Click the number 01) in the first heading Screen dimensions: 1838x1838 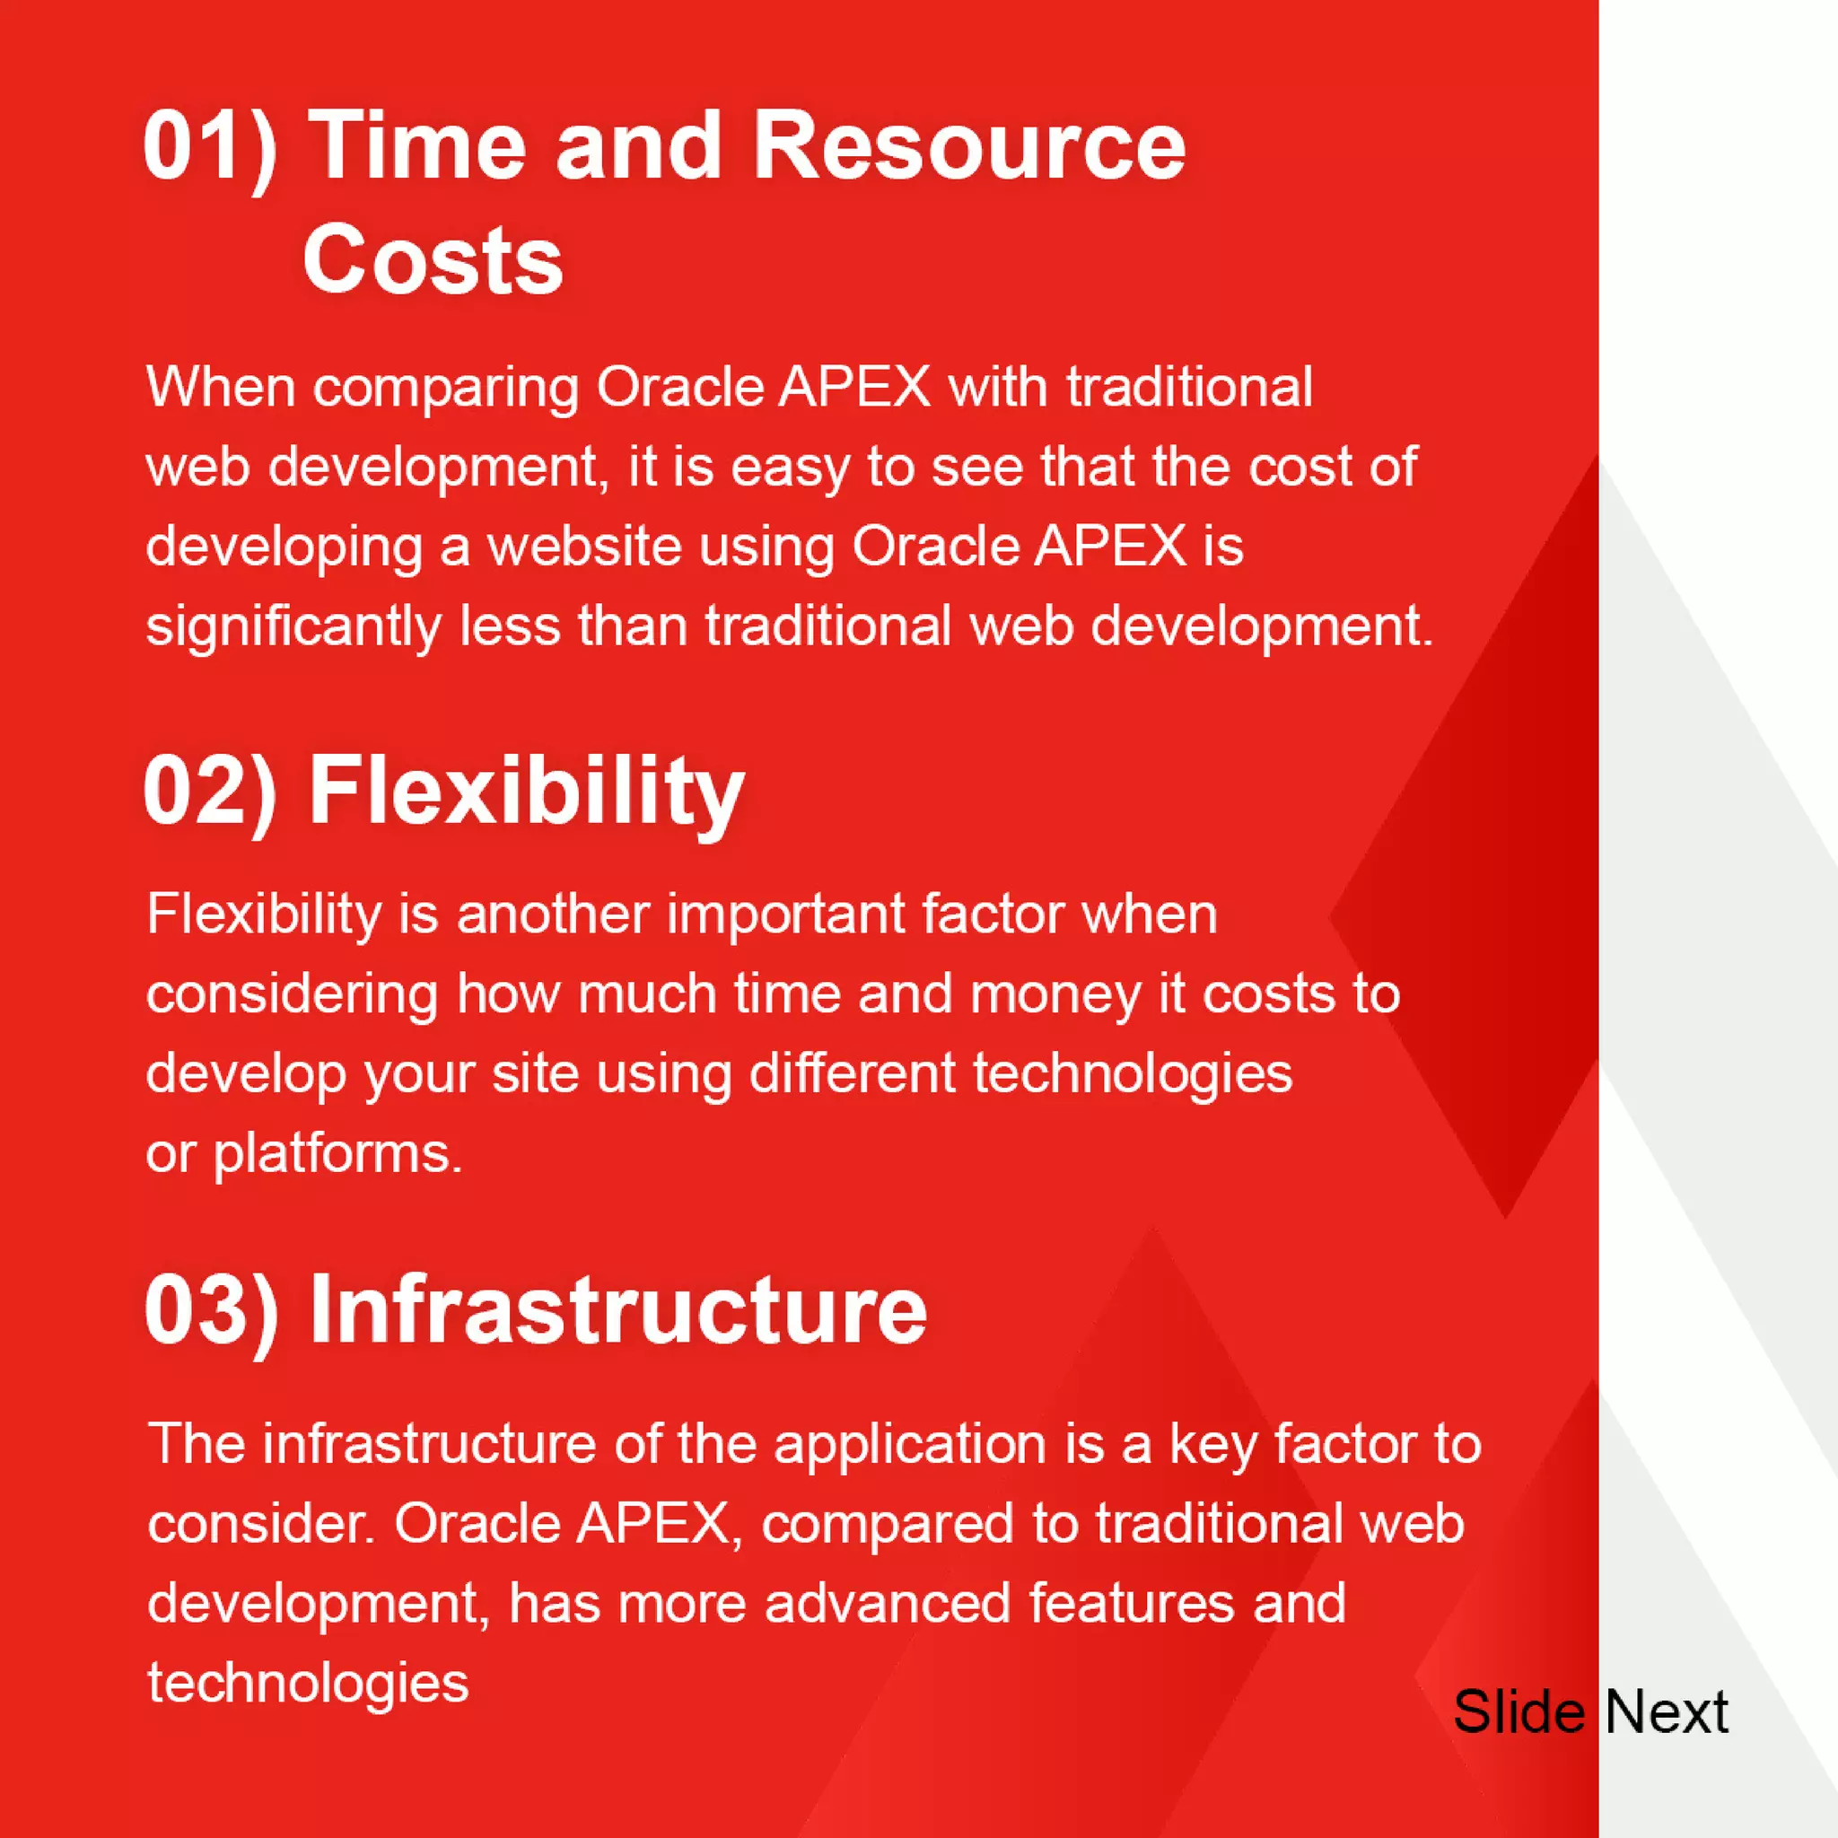tap(210, 146)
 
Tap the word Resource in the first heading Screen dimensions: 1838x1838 tap(969, 146)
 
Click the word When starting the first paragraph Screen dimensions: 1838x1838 tap(221, 387)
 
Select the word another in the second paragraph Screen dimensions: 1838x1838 tap(553, 915)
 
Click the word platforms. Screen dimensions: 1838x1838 tap(337, 1155)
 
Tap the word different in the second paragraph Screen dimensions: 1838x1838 tap(853, 1075)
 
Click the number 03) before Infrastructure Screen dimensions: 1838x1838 tap(212, 1309)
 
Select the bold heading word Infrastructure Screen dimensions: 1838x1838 tap(617, 1309)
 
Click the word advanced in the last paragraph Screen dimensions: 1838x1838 tap(887, 1604)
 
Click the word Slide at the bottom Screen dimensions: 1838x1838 tap(1519, 1712)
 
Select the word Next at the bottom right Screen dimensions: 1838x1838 tap(1667, 1712)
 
